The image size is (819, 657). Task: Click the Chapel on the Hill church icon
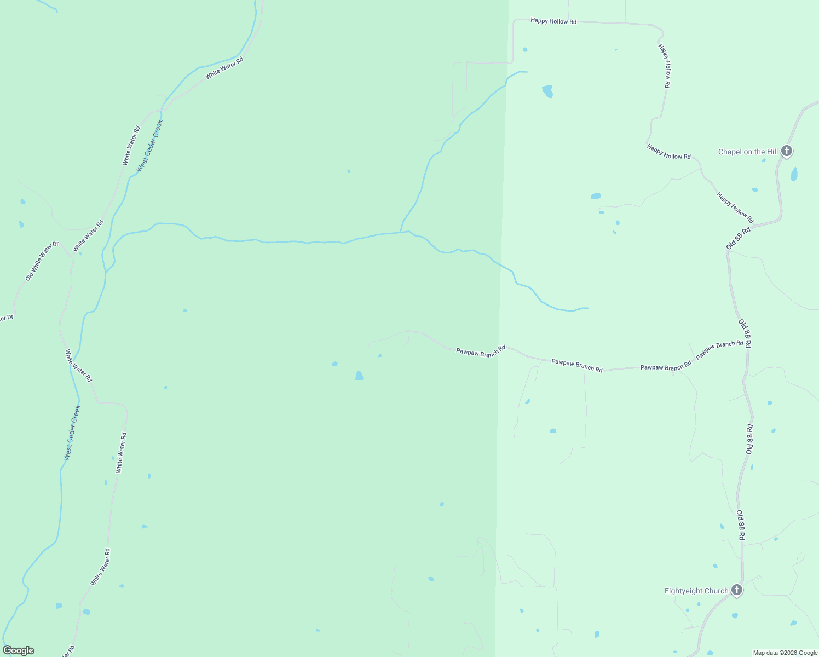pos(787,151)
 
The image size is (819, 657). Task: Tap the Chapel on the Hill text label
pos(748,152)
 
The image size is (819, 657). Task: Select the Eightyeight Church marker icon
pos(737,590)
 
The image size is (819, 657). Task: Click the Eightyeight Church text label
pos(696,591)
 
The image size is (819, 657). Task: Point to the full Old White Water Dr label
pos(42,261)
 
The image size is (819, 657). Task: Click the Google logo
pos(19,650)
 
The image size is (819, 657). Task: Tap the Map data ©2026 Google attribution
pos(785,653)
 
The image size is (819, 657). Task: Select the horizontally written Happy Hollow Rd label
pos(553,21)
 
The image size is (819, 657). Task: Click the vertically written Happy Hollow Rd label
pos(665,66)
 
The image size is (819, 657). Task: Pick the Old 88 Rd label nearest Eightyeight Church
pos(740,526)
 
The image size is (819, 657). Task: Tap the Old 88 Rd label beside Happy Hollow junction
pos(738,239)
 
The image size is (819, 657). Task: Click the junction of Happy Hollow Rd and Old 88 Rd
pos(754,225)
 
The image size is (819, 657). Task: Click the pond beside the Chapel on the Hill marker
pos(794,174)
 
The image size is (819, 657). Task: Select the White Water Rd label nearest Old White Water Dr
pos(88,235)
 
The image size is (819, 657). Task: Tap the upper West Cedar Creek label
pos(149,146)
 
